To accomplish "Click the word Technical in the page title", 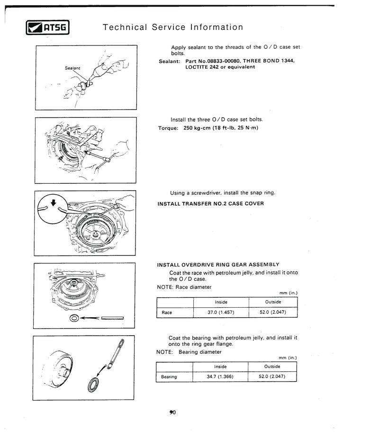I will pos(125,27).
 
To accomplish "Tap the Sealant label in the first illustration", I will pos(72,68).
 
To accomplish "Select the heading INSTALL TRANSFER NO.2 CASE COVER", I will pos(210,204).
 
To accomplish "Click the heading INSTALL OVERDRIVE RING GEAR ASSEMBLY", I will pos(218,264).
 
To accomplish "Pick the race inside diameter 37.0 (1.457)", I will pos(221,312).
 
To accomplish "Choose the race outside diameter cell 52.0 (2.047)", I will pos(273,312).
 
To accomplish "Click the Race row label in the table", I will pos(167,312).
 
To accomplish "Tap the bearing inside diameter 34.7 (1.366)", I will pos(220,377).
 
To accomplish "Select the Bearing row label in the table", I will pos(169,377).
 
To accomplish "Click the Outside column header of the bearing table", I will pos(272,366).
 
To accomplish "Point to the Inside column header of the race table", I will pos(221,302).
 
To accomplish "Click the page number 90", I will pos(172,413).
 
